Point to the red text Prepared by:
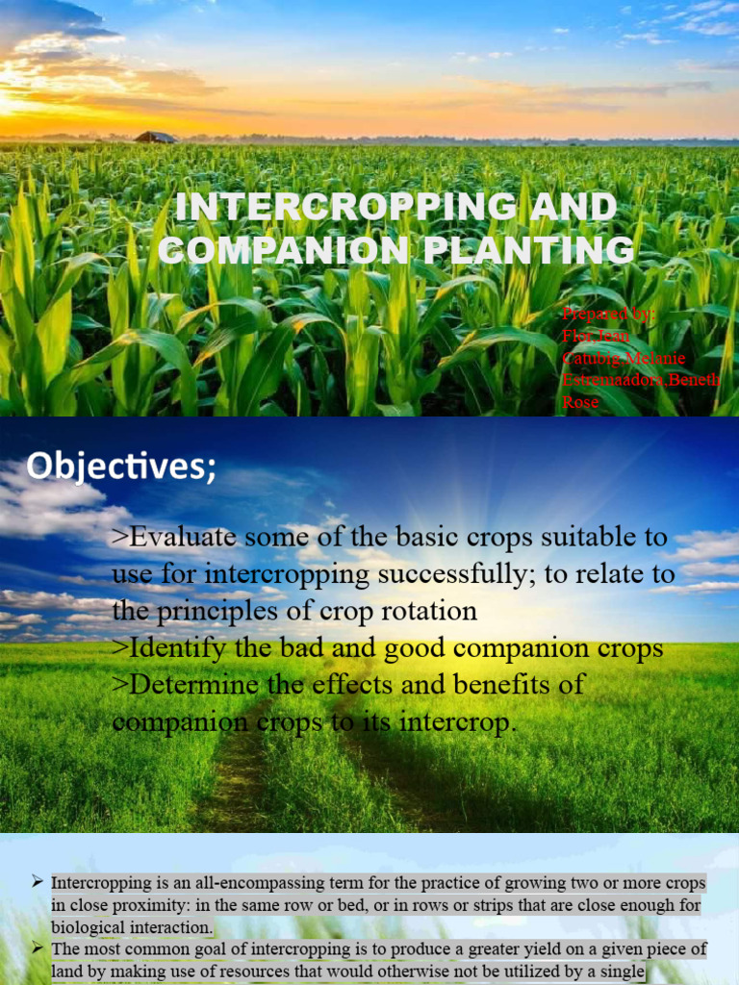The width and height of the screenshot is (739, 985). coord(607,314)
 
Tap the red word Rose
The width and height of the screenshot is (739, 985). coord(580,402)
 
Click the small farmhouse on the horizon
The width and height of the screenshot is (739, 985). coord(155,138)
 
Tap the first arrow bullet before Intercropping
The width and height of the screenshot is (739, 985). coord(37,881)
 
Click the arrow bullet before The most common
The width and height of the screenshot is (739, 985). coord(37,948)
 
